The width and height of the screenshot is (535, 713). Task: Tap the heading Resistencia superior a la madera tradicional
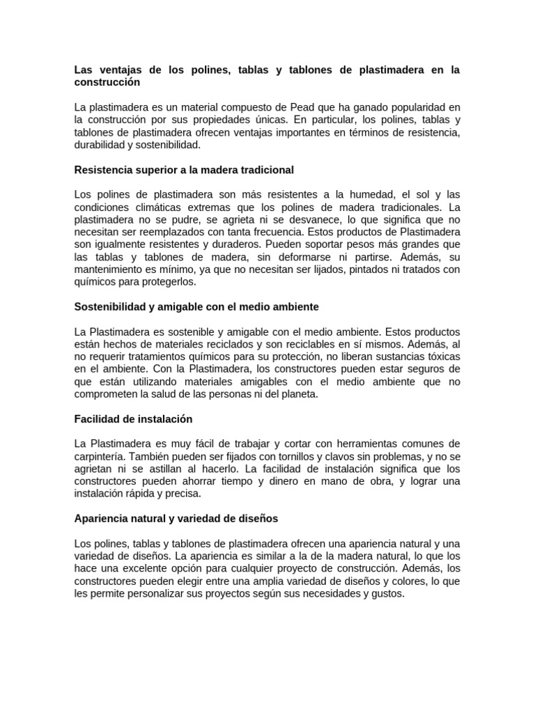click(x=184, y=170)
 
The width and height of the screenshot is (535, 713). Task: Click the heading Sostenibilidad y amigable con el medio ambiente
click(x=196, y=306)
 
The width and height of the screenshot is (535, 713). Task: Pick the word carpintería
click(x=104, y=457)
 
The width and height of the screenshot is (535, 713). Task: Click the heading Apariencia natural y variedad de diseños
click(x=176, y=519)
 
